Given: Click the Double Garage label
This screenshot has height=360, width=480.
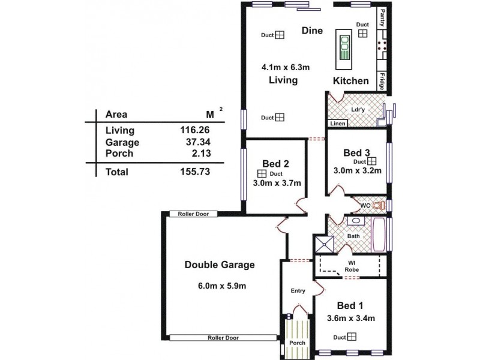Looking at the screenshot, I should pyautogui.click(x=220, y=265).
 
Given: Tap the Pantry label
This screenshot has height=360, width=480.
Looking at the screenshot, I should pyautogui.click(x=382, y=17).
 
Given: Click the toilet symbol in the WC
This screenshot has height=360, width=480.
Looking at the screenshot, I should pyautogui.click(x=376, y=206).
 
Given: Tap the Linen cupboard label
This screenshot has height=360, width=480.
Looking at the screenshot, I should pyautogui.click(x=337, y=124).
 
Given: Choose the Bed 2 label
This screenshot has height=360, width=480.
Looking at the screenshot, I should pyautogui.click(x=276, y=163).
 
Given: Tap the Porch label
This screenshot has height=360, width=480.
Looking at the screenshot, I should pyautogui.click(x=297, y=343).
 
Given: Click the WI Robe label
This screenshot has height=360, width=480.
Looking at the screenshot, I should pyautogui.click(x=352, y=266).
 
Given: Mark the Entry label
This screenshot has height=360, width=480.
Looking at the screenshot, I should pyautogui.click(x=298, y=290).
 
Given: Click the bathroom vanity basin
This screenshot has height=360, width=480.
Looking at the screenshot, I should pyautogui.click(x=355, y=221).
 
